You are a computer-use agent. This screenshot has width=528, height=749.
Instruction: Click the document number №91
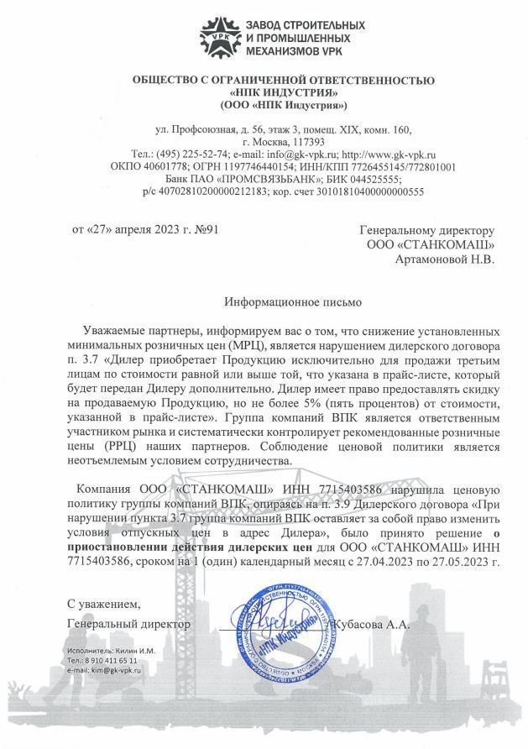coord(206,228)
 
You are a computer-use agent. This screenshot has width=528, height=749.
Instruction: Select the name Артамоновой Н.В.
coord(445,259)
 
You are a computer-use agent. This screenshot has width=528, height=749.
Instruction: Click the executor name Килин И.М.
coord(123,651)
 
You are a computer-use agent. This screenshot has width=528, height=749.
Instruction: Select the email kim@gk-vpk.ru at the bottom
coord(104,670)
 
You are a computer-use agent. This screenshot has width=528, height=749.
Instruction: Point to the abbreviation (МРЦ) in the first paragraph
coord(248,345)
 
